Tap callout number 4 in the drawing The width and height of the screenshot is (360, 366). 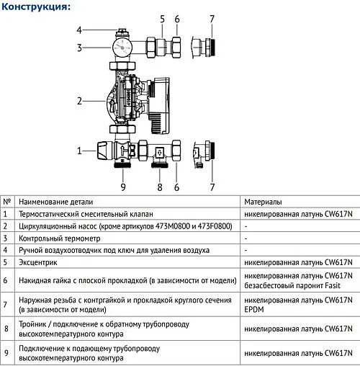point(80,30)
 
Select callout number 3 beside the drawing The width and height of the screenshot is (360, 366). point(80,48)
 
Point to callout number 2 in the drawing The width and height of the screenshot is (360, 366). point(80,101)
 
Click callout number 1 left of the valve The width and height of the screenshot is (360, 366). point(80,150)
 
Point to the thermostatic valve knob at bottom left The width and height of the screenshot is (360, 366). point(104,151)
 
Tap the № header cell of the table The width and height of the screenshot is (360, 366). point(7,202)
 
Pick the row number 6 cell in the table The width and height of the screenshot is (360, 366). point(7,280)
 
